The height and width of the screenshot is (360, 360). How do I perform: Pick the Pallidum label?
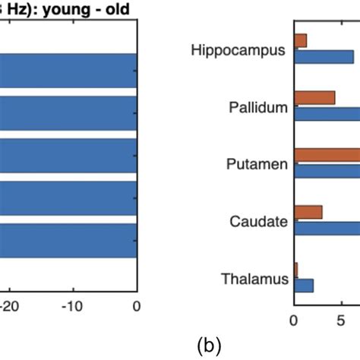pyautogui.click(x=258, y=107)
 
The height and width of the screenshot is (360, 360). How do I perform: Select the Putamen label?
pyautogui.click(x=257, y=164)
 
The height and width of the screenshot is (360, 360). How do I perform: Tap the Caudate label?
pyautogui.click(x=259, y=222)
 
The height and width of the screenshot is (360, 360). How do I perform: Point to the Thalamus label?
pyautogui.click(x=254, y=279)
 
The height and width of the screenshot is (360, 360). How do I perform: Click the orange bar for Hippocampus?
pyautogui.click(x=300, y=40)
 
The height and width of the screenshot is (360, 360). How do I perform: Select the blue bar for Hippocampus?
pyautogui.click(x=324, y=56)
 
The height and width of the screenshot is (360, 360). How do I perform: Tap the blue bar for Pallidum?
pyautogui.click(x=327, y=114)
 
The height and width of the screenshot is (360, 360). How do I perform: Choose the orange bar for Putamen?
pyautogui.click(x=327, y=155)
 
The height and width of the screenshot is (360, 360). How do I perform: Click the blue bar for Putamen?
pyautogui.click(x=327, y=171)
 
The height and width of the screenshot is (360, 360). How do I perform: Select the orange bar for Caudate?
pyautogui.click(x=308, y=212)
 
